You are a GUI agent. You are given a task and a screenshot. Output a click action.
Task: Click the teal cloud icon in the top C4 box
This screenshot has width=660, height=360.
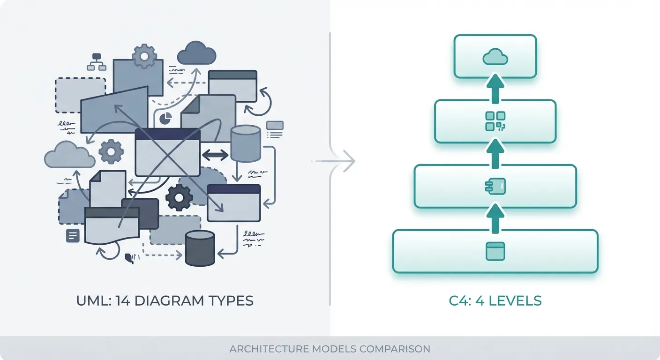point(495,57)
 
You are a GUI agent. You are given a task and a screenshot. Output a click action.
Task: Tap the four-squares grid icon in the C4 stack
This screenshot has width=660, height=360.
point(495,121)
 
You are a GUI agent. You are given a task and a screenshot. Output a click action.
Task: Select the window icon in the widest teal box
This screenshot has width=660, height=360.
point(495,251)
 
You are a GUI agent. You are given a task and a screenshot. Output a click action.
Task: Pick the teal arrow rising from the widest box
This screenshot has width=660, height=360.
point(495,219)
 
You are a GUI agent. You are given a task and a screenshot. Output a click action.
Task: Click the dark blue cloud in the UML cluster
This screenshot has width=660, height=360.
point(196,53)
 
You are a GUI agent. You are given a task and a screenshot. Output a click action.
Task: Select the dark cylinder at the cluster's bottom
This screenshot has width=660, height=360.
point(200,248)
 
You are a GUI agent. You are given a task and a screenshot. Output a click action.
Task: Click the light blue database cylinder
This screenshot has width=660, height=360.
point(246,144)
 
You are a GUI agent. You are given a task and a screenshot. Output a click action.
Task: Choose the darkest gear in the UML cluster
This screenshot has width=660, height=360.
point(179,197)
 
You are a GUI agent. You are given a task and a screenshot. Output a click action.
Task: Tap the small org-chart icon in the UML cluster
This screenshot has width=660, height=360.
point(97,62)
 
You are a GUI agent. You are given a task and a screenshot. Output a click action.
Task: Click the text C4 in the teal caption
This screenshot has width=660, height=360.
point(458,300)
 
